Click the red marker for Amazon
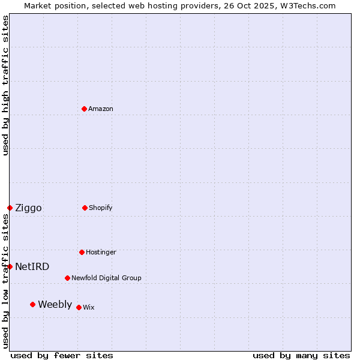[x=85, y=109]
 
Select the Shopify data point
[x=85, y=208]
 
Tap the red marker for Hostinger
[x=82, y=252]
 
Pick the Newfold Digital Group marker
[x=68, y=278]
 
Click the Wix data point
[x=79, y=307]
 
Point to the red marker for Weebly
[x=33, y=304]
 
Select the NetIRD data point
[x=10, y=266]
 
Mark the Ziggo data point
[x=10, y=208]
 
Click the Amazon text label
[x=101, y=109]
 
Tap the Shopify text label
[x=101, y=208]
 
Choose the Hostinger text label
[x=101, y=252]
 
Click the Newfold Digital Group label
[x=106, y=278]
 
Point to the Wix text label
[x=89, y=307]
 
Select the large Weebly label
[x=55, y=304]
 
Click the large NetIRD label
[x=32, y=266]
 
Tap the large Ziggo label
[x=28, y=208]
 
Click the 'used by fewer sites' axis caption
[x=62, y=355]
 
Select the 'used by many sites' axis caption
[x=301, y=355]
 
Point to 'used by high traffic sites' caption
[x=5, y=85]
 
